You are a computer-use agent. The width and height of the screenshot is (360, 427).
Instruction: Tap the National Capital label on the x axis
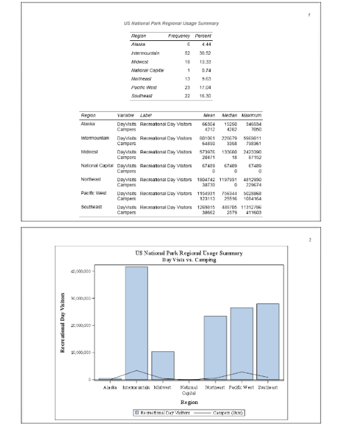point(189,390)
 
